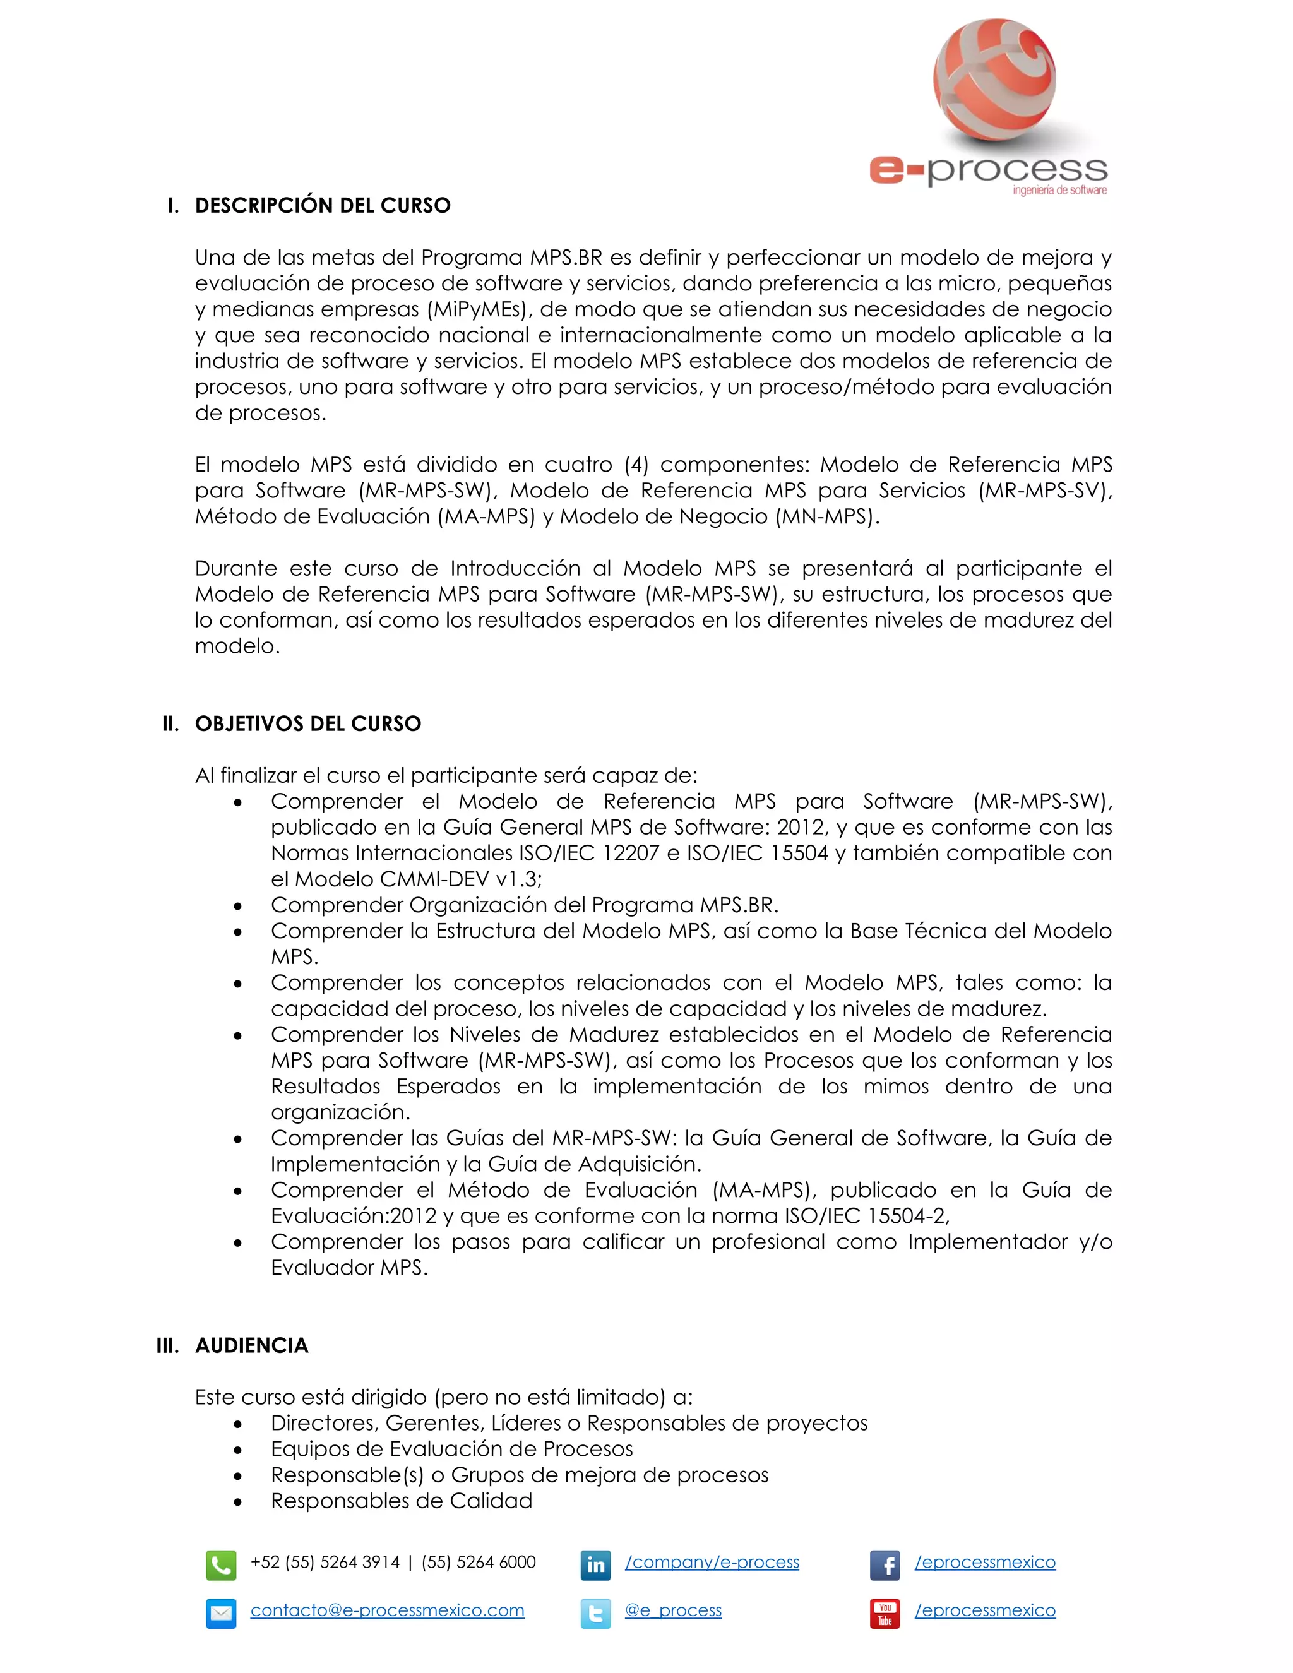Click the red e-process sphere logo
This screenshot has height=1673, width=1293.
(994, 80)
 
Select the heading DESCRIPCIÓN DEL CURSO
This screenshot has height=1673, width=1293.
(323, 205)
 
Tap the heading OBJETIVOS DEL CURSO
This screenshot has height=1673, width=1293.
(308, 724)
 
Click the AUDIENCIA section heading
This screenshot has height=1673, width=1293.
(251, 1345)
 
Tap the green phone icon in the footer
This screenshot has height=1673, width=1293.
(220, 1566)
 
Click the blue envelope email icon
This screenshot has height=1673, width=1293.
(220, 1613)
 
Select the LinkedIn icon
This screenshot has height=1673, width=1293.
(595, 1566)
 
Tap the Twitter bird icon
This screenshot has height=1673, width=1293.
(595, 1613)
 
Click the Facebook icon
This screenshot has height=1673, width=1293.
(885, 1566)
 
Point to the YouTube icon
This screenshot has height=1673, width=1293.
(885, 1613)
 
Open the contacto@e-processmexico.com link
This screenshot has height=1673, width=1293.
(387, 1610)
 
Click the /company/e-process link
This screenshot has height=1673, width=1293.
(712, 1562)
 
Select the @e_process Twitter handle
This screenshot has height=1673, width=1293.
(672, 1610)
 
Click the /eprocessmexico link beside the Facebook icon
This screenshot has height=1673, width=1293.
(984, 1562)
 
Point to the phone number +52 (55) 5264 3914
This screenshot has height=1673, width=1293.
(325, 1562)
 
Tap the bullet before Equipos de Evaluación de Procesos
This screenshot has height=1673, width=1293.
(238, 1450)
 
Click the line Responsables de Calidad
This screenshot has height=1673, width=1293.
(402, 1501)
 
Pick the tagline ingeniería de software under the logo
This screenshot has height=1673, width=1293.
(1059, 191)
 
